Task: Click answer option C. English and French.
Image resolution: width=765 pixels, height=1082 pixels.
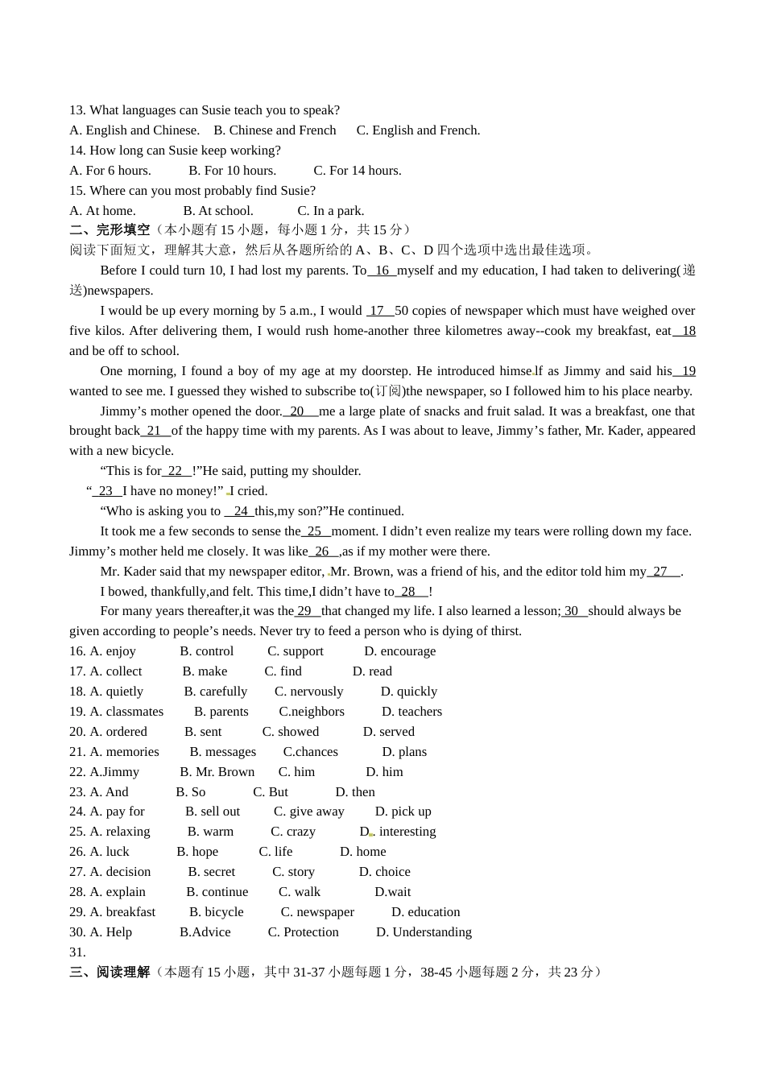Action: tap(418, 130)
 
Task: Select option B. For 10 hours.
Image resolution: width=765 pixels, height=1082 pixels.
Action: tap(232, 171)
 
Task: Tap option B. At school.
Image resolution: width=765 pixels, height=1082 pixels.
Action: tap(217, 211)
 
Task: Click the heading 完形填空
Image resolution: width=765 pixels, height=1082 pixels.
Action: tap(122, 230)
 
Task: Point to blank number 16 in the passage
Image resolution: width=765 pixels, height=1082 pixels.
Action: tap(382, 270)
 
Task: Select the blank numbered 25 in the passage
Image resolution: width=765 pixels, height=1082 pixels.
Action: tap(315, 531)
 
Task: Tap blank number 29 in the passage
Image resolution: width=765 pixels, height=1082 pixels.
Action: tap(305, 611)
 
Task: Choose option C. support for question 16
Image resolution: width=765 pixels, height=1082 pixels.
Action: tap(296, 651)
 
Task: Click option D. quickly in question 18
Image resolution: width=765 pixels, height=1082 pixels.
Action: tap(409, 692)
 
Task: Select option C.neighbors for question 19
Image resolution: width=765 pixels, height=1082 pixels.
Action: tap(312, 712)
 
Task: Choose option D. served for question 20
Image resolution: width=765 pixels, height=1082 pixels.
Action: tap(389, 732)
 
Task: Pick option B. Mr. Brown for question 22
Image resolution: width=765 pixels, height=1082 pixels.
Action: tap(217, 772)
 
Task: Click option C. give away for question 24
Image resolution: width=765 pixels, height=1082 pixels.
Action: tap(309, 811)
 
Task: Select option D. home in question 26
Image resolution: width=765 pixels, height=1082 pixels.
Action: tap(363, 852)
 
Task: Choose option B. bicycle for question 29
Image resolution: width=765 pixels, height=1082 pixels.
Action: tap(217, 912)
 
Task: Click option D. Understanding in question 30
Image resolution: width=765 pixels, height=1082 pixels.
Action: tap(424, 932)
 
